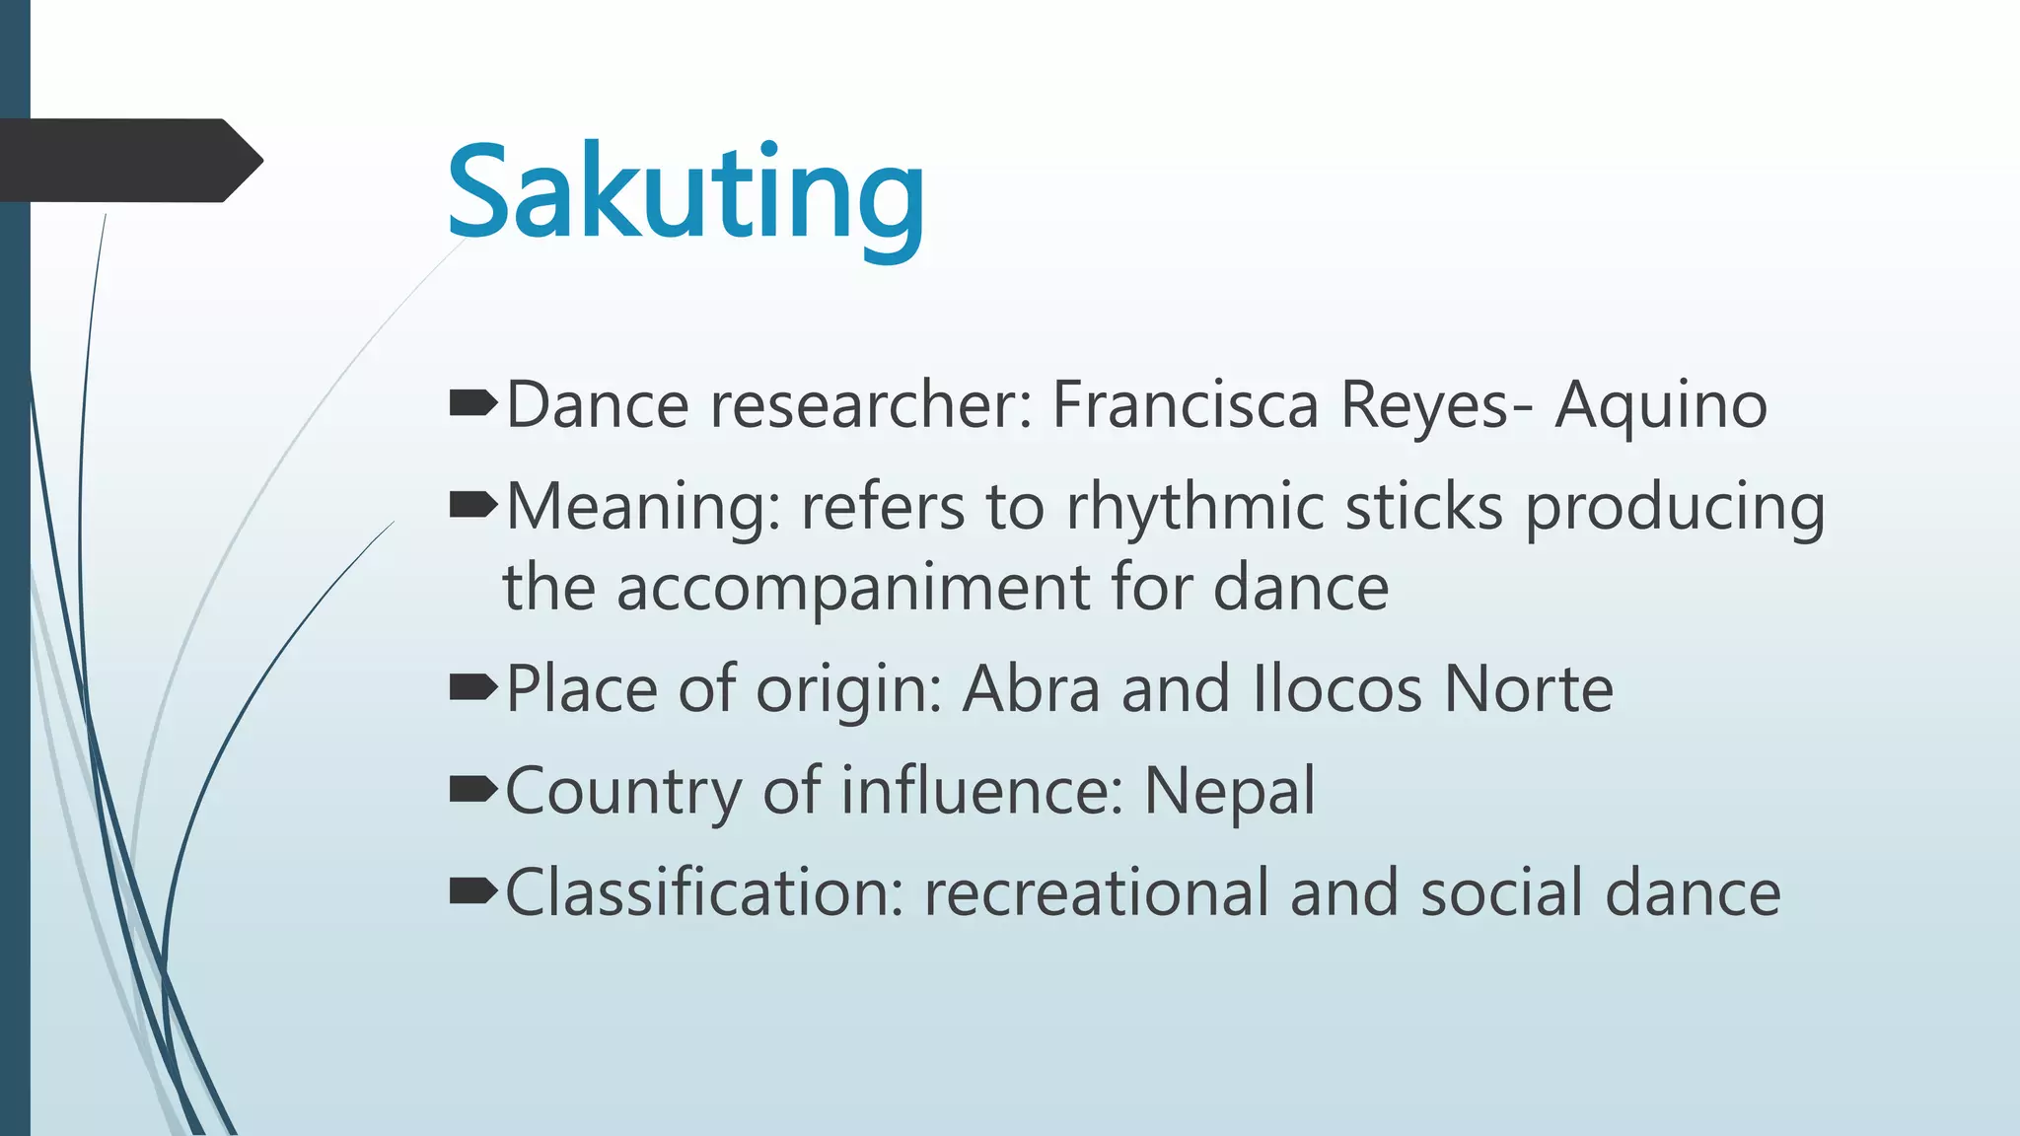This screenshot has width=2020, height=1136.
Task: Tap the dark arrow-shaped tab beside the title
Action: tap(128, 161)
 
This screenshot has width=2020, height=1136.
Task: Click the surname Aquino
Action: tap(1661, 406)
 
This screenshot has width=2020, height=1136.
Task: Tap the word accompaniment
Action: tap(852, 589)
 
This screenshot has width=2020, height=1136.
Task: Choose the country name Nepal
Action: tap(1229, 791)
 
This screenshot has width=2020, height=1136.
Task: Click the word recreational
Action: tap(1096, 892)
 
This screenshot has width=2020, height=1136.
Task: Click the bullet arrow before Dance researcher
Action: tap(472, 403)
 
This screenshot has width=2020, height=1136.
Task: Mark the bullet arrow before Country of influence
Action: tap(472, 789)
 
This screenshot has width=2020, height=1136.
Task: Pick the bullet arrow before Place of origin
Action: tap(472, 687)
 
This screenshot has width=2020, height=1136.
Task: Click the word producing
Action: tap(1675, 509)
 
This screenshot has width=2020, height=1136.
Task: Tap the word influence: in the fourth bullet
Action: tap(982, 791)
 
